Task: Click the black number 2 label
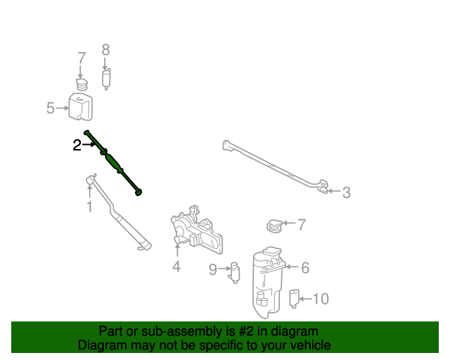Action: (x=77, y=146)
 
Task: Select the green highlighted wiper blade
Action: (x=114, y=162)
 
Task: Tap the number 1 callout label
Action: (x=89, y=207)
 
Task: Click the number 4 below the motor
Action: (x=176, y=266)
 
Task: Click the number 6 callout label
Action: (x=305, y=267)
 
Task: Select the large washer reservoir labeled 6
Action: (x=268, y=281)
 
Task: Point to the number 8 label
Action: (x=106, y=50)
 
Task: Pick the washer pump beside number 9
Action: (x=235, y=272)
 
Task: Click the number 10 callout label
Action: (x=320, y=299)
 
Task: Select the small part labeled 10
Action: (x=295, y=298)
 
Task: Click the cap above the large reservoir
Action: (x=274, y=226)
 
